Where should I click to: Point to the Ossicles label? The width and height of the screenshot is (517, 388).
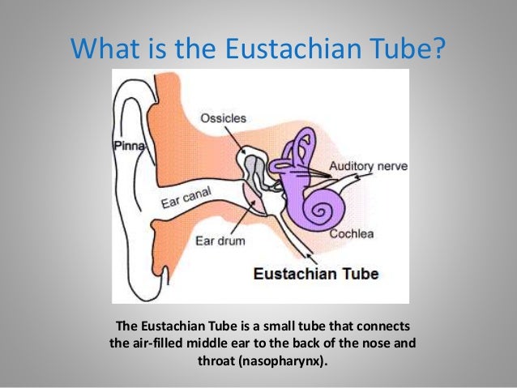(x=223, y=118)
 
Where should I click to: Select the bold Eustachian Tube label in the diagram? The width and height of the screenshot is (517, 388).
(x=314, y=272)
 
